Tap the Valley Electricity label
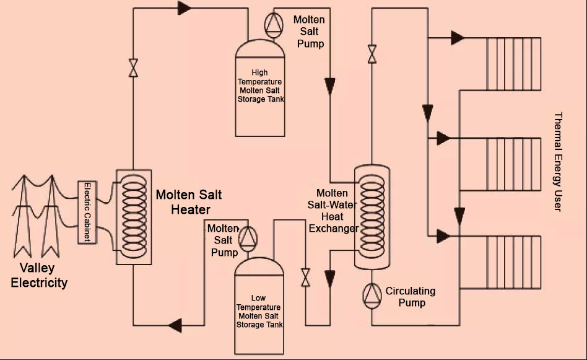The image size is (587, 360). click(39, 275)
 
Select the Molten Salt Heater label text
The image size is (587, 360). click(189, 202)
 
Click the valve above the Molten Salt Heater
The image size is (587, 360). click(133, 68)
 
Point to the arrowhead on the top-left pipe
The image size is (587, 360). click(184, 8)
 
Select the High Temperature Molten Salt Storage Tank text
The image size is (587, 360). click(260, 86)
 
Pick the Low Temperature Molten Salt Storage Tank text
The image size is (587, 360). click(259, 311)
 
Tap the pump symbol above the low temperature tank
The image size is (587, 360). click(248, 239)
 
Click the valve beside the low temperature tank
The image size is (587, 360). click(305, 278)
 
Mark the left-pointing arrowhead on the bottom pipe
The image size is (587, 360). click(175, 325)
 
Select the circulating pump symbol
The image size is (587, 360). click(372, 296)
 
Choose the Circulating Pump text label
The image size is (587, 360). click(411, 297)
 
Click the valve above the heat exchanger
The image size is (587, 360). click(372, 54)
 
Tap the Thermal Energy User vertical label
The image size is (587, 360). click(558, 162)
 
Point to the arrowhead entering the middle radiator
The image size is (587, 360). click(443, 138)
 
